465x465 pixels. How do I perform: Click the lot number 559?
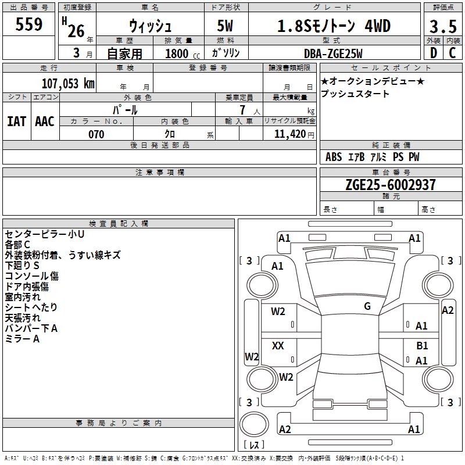click(x=28, y=25)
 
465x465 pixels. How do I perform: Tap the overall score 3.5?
click(x=442, y=27)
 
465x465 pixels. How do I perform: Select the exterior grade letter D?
click(x=433, y=53)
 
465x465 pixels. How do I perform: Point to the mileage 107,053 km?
click(x=67, y=83)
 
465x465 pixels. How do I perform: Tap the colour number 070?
click(x=96, y=134)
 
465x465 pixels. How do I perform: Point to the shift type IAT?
click(x=16, y=121)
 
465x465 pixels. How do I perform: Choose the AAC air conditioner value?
click(x=44, y=121)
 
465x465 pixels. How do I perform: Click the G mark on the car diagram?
click(x=367, y=306)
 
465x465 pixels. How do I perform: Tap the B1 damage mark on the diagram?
click(x=422, y=345)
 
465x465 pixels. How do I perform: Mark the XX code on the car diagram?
click(x=278, y=346)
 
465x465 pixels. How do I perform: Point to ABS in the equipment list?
click(x=334, y=157)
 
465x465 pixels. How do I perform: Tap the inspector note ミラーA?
click(x=22, y=339)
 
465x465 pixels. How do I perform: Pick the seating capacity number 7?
click(x=242, y=110)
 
